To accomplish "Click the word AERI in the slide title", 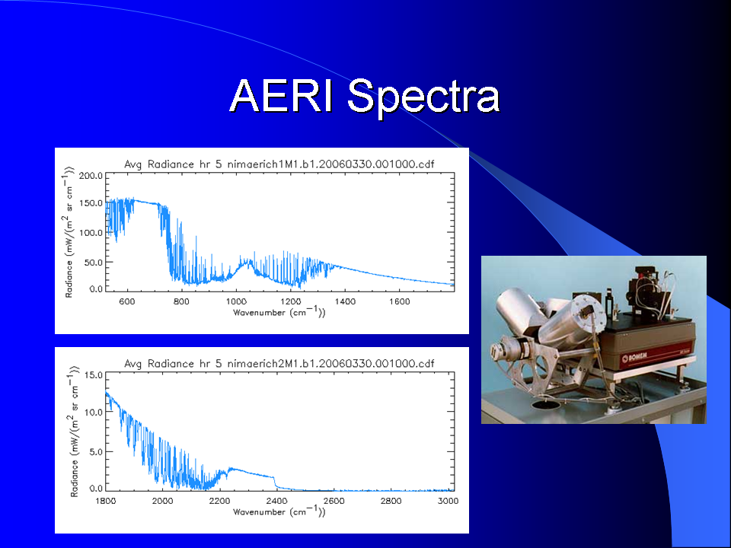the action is [x=281, y=96].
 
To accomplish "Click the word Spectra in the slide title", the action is [x=423, y=98].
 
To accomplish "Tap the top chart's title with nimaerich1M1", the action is [x=279, y=164].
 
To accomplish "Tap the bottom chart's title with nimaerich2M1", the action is [x=279, y=364].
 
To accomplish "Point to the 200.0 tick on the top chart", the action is [x=91, y=176].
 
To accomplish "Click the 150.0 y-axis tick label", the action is [x=91, y=203].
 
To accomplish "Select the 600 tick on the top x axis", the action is [x=127, y=301].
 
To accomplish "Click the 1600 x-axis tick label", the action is [x=399, y=301].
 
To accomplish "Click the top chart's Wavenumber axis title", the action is [x=279, y=312].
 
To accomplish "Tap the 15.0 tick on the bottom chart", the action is [x=94, y=375].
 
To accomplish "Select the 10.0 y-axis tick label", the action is [x=94, y=413].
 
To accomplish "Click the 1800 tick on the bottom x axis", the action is [x=106, y=501].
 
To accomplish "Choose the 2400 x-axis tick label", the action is [x=277, y=501].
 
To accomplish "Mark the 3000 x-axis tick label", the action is [x=448, y=501].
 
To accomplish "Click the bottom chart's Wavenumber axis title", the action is [x=279, y=511].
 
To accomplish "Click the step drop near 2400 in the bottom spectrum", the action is [x=275, y=482].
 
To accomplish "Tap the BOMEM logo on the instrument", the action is [x=634, y=358].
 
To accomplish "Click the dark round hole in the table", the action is [x=545, y=404].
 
